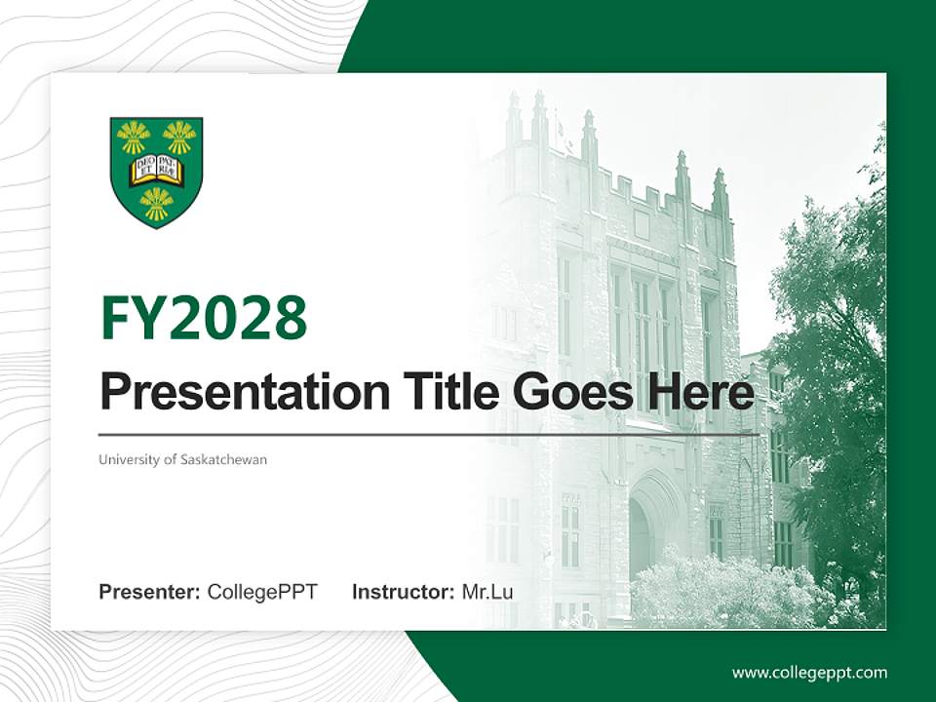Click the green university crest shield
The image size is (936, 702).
(156, 172)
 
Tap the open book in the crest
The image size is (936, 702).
(156, 169)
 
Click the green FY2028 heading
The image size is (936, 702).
(204, 319)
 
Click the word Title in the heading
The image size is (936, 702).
(433, 391)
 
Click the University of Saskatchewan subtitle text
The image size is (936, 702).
(182, 459)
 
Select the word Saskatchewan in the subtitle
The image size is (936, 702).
(223, 459)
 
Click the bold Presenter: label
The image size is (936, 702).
(150, 592)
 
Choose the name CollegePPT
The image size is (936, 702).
(262, 592)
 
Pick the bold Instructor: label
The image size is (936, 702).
(403, 592)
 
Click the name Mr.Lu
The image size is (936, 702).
(487, 592)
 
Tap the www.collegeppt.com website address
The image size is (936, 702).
(809, 673)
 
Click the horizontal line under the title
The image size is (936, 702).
(429, 434)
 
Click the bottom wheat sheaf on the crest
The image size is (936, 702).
(156, 203)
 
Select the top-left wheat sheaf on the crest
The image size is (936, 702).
(133, 137)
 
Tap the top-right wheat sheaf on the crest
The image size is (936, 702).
(179, 137)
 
